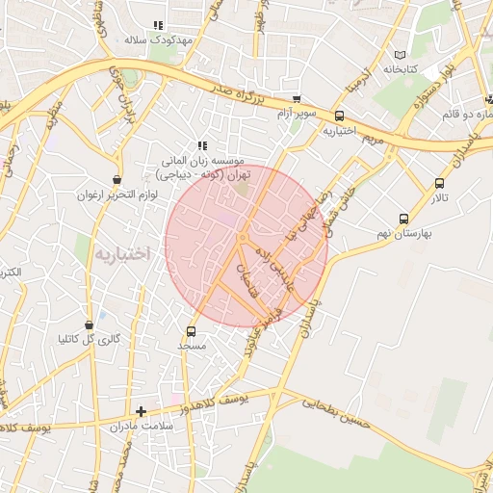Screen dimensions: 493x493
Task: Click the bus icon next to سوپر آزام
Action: (x=296, y=99)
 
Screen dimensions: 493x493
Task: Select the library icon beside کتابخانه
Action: (x=402, y=55)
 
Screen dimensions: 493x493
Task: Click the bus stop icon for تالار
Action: (x=440, y=183)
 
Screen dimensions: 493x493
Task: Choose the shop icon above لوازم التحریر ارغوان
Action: (x=117, y=179)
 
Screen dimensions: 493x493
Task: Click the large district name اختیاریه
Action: (x=121, y=253)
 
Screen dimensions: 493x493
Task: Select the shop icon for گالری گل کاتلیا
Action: (x=89, y=324)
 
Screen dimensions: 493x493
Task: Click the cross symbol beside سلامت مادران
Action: (x=141, y=411)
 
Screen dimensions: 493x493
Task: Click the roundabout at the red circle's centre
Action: (x=244, y=238)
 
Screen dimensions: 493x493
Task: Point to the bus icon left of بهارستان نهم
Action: (x=402, y=219)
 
